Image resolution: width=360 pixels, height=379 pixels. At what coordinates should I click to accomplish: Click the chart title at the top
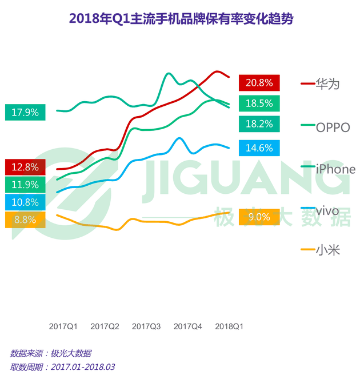coord(181,18)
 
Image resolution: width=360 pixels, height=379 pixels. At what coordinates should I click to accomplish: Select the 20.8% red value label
coord(259,83)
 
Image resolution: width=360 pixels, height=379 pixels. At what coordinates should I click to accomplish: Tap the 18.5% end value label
coord(259,103)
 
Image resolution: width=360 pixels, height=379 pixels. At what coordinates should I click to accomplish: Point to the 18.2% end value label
coord(259,123)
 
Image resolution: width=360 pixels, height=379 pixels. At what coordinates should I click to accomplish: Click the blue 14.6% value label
coord(259,147)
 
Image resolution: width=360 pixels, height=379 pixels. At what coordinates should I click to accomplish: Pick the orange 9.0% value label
coord(259,217)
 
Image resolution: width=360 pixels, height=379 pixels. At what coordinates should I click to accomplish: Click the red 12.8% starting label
coord(25,167)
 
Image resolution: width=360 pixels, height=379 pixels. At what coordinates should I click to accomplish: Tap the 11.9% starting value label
coord(25,185)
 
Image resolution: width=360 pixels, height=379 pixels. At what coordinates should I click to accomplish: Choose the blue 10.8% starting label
coord(25,202)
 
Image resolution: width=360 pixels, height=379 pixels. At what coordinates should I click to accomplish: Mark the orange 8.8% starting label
coord(25,220)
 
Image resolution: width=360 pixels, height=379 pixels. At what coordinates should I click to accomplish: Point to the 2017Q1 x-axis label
coord(63,327)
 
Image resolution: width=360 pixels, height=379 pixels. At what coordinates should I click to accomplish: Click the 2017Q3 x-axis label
coord(146,327)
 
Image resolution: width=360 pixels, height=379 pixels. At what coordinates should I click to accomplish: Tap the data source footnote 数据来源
coord(50,353)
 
